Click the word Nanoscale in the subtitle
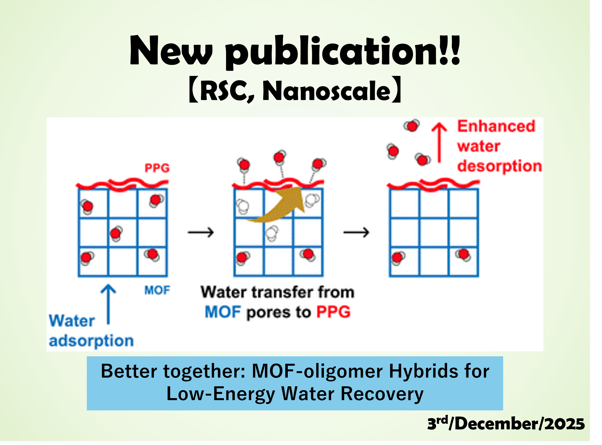click(x=326, y=91)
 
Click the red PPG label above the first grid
click(x=157, y=168)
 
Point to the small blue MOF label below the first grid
click(x=157, y=290)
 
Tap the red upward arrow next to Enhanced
click(x=439, y=143)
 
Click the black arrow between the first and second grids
click(x=201, y=232)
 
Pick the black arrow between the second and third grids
click(x=356, y=232)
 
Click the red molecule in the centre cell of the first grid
click(x=116, y=233)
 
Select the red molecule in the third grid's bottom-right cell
click(x=463, y=255)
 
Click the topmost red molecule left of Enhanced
click(x=412, y=126)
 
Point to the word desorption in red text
click(x=500, y=166)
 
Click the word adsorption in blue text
click(x=91, y=341)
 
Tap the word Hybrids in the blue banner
click(x=423, y=371)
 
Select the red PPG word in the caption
click(x=333, y=312)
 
